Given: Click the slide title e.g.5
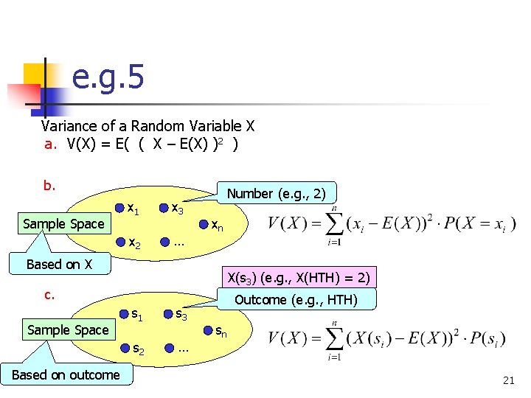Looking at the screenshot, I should (x=108, y=77).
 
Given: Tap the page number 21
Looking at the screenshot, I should (x=507, y=380).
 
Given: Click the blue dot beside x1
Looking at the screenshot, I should (x=120, y=209).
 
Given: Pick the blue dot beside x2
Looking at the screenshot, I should (x=120, y=241).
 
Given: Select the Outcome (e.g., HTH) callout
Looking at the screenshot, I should (x=295, y=299).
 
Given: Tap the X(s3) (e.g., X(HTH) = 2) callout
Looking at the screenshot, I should (x=298, y=278).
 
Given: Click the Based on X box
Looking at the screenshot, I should (x=59, y=264).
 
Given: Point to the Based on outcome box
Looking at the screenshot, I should (x=66, y=374).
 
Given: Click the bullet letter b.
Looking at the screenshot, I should (x=50, y=185).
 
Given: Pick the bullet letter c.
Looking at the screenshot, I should (x=50, y=295).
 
